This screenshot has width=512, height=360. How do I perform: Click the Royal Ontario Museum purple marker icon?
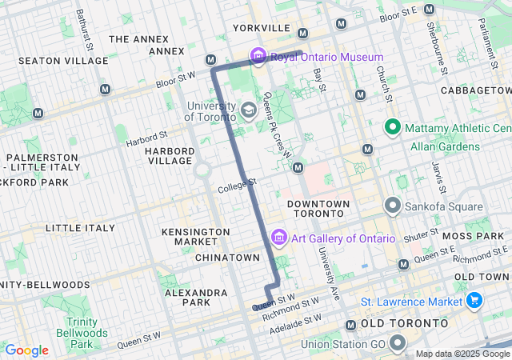(x=258, y=57)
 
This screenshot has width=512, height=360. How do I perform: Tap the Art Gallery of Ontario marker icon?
(x=278, y=238)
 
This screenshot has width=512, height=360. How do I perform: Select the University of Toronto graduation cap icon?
(x=249, y=110)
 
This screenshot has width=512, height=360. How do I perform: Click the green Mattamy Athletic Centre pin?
(x=393, y=127)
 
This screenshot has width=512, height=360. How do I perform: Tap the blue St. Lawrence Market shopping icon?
(x=474, y=301)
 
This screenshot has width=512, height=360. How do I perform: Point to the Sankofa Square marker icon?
(x=393, y=205)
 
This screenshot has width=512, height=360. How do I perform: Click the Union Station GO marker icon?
(x=398, y=344)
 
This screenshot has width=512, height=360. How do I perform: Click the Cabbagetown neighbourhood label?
(x=475, y=90)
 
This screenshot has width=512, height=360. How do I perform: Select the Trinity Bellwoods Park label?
(x=82, y=332)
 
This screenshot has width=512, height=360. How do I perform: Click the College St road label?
(x=236, y=186)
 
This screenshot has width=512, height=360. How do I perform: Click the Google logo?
(x=26, y=350)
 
